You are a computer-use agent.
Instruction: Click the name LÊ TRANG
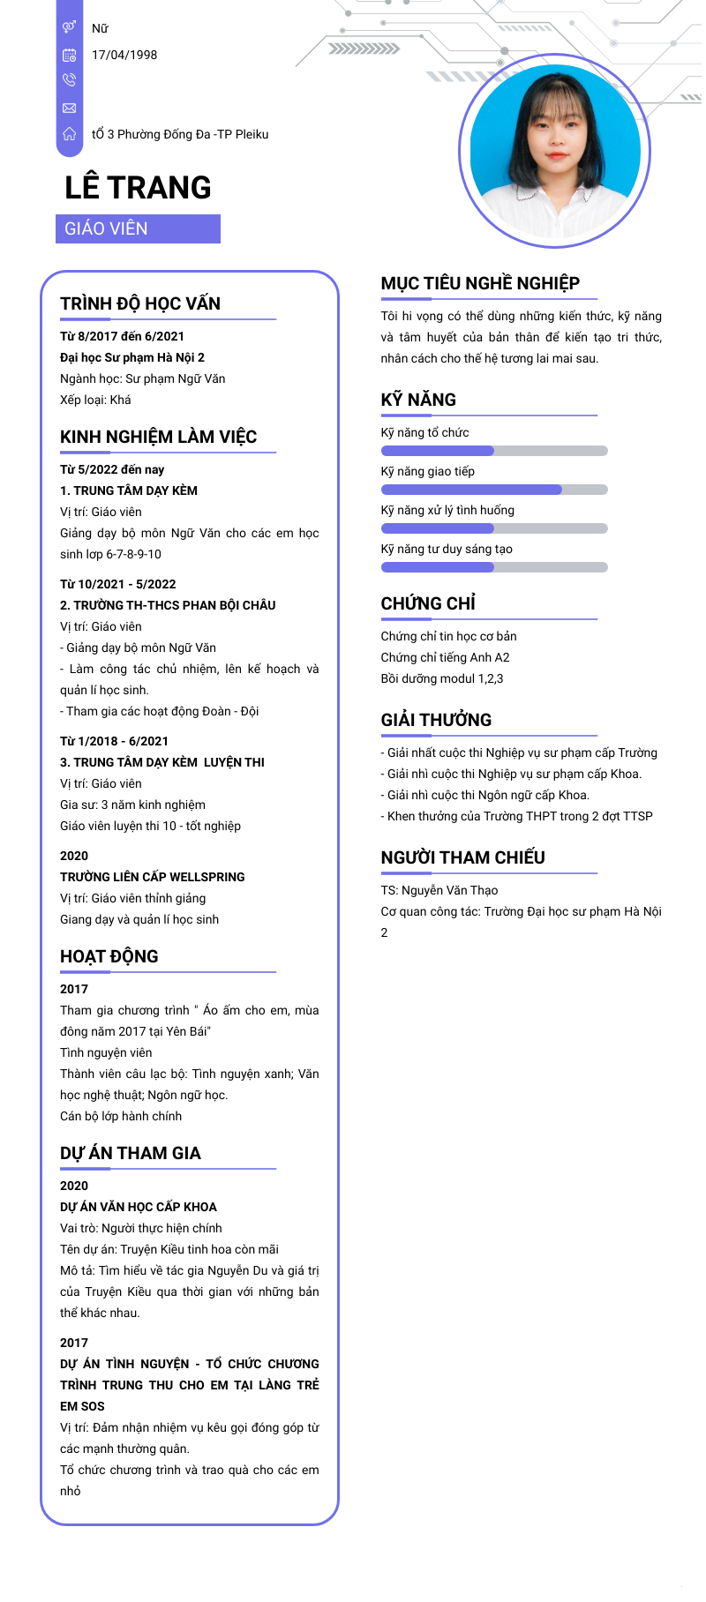pyautogui.click(x=138, y=188)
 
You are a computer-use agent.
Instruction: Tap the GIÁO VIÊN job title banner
pyautogui.click(x=138, y=229)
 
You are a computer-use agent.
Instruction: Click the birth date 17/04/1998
pyautogui.click(x=124, y=55)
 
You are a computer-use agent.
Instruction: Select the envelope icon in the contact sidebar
pyautogui.click(x=69, y=108)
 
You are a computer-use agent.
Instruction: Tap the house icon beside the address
pyautogui.click(x=69, y=134)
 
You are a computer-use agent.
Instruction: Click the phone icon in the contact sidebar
pyautogui.click(x=69, y=80)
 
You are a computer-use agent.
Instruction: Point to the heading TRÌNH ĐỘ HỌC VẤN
pyautogui.click(x=140, y=303)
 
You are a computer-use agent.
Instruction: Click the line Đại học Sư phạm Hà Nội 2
pyautogui.click(x=132, y=357)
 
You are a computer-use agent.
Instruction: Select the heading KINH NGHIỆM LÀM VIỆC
pyautogui.click(x=158, y=437)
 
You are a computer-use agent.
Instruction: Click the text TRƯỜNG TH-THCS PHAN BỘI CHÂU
pyautogui.click(x=174, y=605)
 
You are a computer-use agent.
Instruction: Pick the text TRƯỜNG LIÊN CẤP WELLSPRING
pyautogui.click(x=153, y=877)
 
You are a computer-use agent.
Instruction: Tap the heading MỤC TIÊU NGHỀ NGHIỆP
pyautogui.click(x=480, y=283)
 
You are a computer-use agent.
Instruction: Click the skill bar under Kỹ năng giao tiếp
pyautogui.click(x=494, y=490)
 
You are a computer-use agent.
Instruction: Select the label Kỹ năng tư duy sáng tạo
pyautogui.click(x=447, y=549)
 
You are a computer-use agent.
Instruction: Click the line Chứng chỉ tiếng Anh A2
pyautogui.click(x=445, y=657)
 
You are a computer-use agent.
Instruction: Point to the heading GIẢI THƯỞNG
pyautogui.click(x=436, y=720)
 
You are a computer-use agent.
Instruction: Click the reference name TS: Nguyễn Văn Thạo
pyautogui.click(x=439, y=890)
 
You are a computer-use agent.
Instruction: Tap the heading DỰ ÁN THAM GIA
pyautogui.click(x=131, y=1153)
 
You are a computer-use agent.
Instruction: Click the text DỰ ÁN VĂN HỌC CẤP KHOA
pyautogui.click(x=139, y=1207)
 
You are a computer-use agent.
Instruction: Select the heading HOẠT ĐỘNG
pyautogui.click(x=109, y=956)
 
